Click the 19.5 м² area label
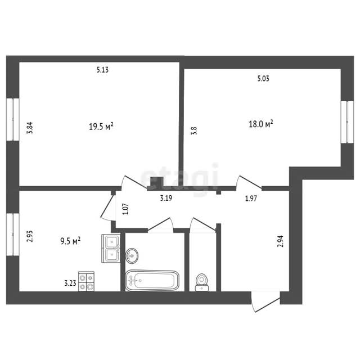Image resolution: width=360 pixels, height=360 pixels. [101, 126]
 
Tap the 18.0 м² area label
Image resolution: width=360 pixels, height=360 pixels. [261, 124]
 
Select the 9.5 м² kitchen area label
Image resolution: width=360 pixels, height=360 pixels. [70, 241]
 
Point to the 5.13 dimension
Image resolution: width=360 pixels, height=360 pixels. [102, 70]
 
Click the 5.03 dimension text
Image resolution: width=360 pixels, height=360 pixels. [263, 79]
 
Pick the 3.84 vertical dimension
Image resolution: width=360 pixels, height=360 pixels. [30, 128]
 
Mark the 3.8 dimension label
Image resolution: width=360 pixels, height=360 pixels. [194, 130]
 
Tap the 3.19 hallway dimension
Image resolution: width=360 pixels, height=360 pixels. [166, 198]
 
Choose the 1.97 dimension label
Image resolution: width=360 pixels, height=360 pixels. [251, 198]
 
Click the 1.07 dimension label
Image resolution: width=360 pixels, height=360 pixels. [126, 209]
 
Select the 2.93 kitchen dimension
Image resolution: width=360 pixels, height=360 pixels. [30, 236]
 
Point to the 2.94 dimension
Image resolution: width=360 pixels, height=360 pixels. [281, 241]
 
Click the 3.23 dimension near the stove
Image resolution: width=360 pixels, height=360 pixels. [70, 283]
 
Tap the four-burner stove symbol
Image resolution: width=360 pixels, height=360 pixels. [86, 281]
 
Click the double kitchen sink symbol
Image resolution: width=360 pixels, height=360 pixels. [111, 249]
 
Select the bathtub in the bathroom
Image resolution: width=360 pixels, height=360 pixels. [152, 281]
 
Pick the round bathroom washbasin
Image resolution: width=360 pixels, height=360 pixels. [132, 255]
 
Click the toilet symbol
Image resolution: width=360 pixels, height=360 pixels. [202, 282]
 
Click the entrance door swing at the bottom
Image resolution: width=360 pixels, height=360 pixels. [265, 302]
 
